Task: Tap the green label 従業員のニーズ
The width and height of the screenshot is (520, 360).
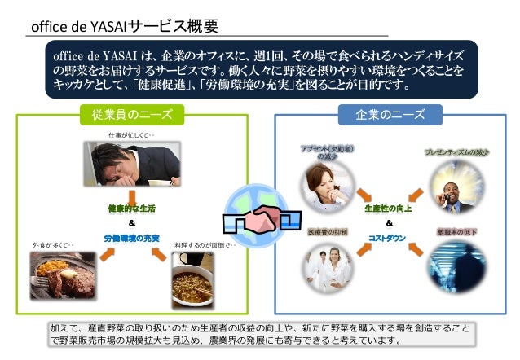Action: tap(132, 114)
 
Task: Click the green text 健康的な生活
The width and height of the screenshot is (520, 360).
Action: tap(131, 209)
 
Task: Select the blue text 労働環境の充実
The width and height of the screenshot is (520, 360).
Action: tap(131, 238)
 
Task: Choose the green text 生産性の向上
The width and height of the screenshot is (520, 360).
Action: tap(388, 209)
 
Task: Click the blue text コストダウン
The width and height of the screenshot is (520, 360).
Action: tap(388, 238)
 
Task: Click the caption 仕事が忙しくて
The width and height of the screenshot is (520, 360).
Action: tap(131, 134)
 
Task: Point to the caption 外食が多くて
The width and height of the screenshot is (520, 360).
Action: tap(54, 244)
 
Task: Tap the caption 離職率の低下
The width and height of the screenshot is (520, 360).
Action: tap(456, 232)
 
